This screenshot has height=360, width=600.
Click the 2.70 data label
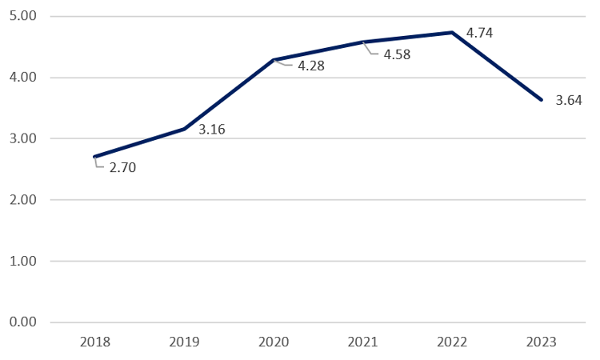122,168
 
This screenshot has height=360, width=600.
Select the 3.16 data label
211,129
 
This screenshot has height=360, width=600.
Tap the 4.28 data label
311,66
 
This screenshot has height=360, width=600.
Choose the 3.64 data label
569,101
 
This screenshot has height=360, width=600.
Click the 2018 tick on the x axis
95,342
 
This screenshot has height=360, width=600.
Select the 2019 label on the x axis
185,342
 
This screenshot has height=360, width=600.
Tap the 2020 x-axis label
274,342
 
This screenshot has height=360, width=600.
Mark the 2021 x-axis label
363,342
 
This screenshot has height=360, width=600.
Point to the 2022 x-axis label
453,342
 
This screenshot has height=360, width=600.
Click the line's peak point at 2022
453,32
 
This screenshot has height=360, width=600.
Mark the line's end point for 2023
542,100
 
